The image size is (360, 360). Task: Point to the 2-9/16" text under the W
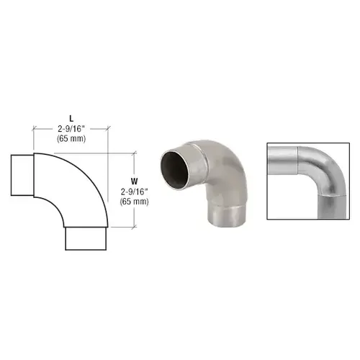pyautogui.click(x=135, y=192)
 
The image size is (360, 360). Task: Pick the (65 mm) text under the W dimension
pyautogui.click(x=135, y=202)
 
